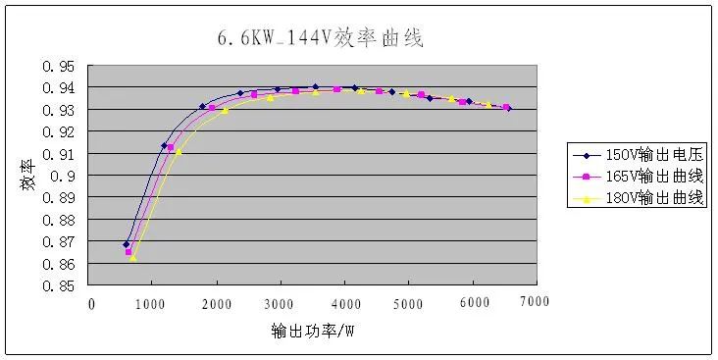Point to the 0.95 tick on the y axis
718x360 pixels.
(59, 67)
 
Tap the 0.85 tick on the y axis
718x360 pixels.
(59, 286)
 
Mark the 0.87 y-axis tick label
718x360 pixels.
(59, 242)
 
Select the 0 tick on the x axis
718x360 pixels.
(91, 303)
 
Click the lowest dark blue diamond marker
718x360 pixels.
(126, 244)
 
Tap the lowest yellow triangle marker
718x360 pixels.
(133, 257)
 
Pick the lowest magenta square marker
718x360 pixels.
(128, 252)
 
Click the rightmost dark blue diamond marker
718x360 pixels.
(508, 109)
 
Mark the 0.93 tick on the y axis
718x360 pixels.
(59, 111)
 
